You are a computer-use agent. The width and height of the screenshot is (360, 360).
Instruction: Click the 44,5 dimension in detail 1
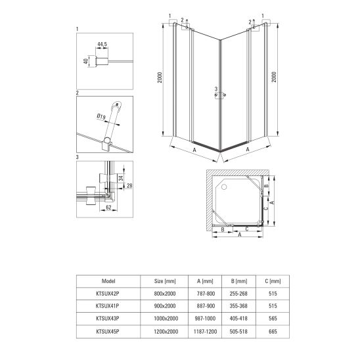[x=102, y=44]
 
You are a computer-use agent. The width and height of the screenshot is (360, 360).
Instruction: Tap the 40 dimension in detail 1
[x=85, y=61]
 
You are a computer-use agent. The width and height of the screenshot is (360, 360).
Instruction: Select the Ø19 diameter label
[x=101, y=117]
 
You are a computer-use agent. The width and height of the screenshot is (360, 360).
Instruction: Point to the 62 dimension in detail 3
[x=108, y=208]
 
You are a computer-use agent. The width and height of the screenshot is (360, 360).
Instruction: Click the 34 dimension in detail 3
[x=121, y=177]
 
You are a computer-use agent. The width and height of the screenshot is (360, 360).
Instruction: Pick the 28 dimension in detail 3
[x=129, y=185]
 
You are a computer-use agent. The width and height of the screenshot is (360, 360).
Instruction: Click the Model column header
[x=108, y=281]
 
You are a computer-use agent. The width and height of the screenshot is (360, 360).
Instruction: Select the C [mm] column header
[x=273, y=281]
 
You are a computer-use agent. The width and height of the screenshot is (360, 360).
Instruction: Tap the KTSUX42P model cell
[x=108, y=294]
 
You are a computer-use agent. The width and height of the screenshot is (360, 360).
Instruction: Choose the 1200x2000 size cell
[x=166, y=331]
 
